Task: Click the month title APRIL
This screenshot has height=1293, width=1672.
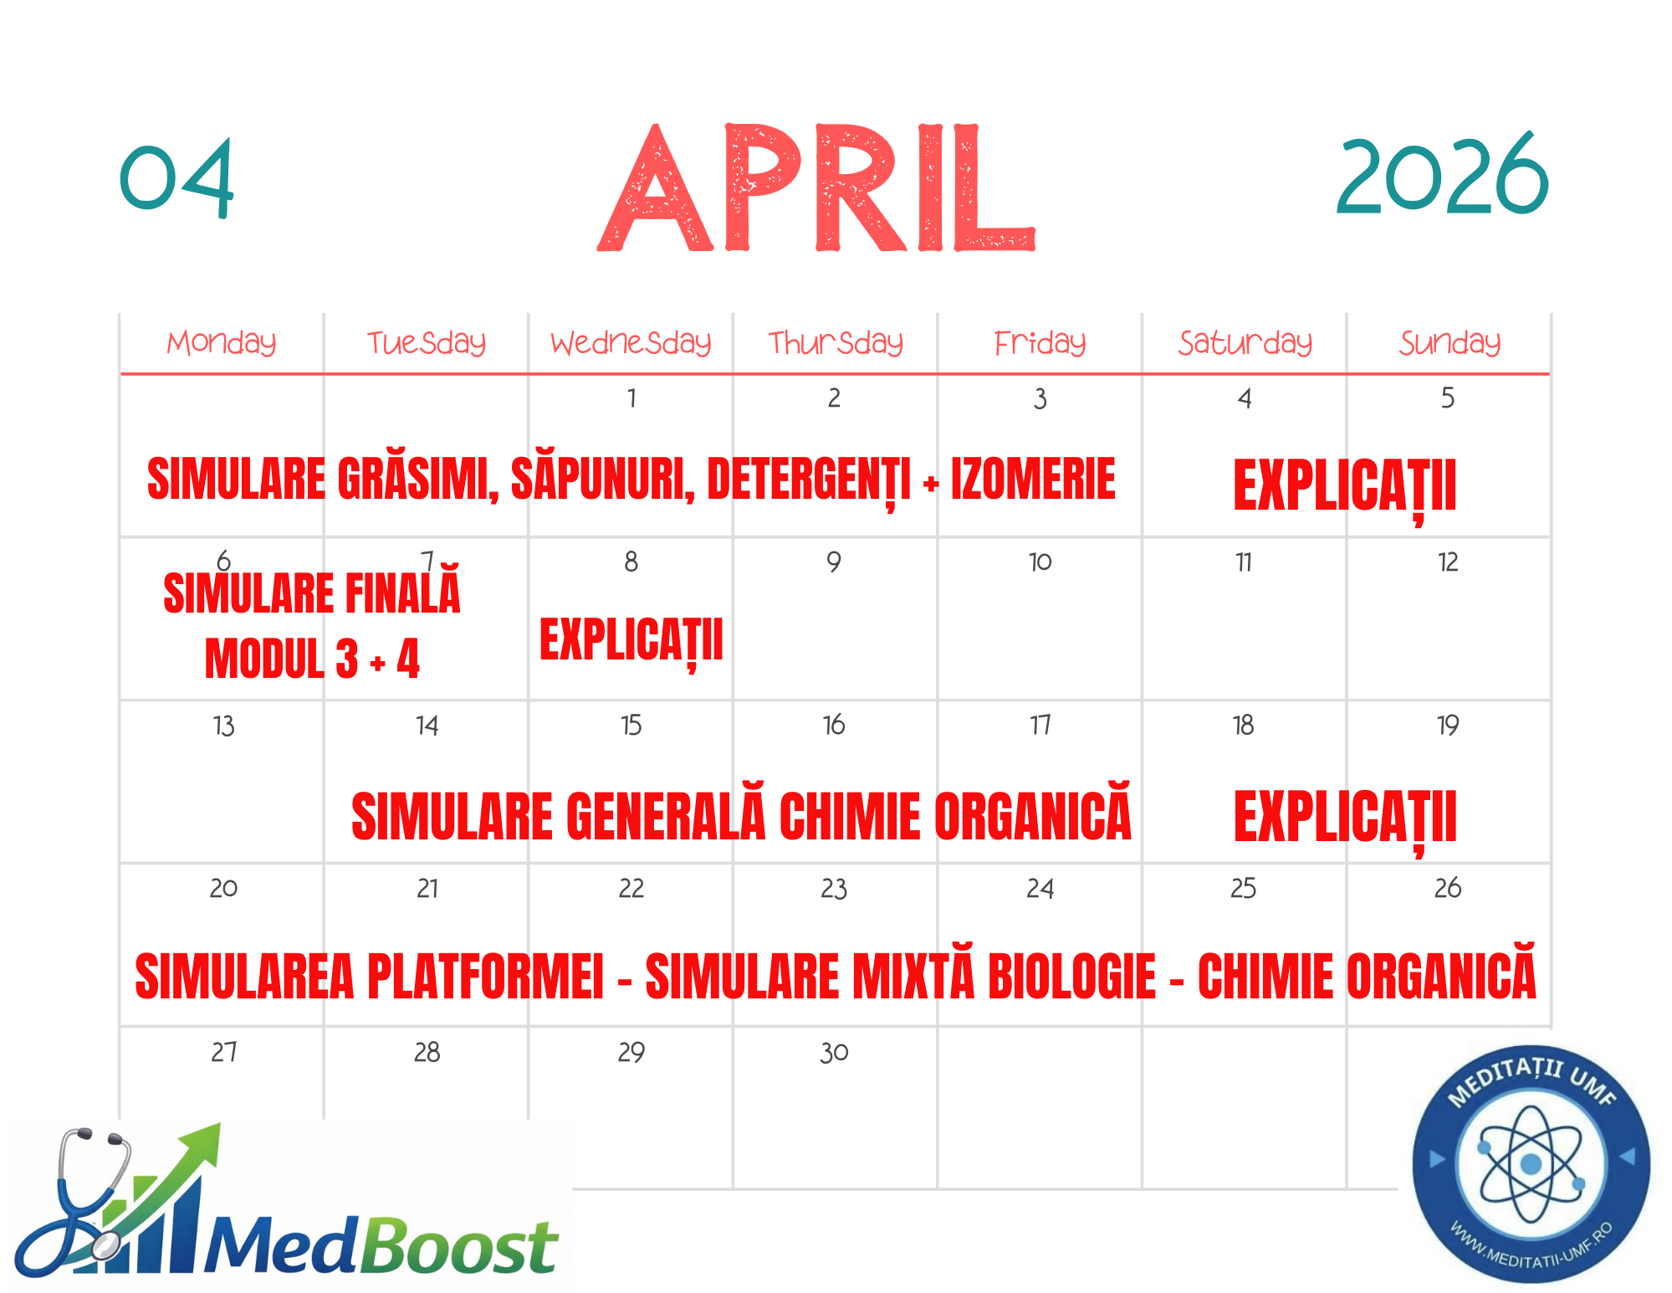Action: coord(816,187)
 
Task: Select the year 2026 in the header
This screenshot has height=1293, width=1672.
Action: coord(1443,176)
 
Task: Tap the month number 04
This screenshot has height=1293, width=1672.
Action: coord(176,178)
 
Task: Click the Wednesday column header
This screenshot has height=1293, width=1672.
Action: coord(631,342)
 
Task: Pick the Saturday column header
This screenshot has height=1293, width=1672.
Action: coord(1245,342)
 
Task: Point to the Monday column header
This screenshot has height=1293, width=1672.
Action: coord(222,342)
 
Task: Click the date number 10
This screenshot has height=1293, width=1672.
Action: coord(1040,562)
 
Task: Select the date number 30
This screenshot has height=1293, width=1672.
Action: coord(834,1052)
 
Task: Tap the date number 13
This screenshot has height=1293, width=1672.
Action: coord(223,725)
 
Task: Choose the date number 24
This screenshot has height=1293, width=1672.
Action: coord(1040,888)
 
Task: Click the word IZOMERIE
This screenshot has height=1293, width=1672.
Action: coord(1033,479)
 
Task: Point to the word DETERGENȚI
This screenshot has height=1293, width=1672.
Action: coord(809,481)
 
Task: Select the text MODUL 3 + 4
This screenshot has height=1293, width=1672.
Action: coord(312,659)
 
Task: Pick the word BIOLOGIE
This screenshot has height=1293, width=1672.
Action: coord(1072,976)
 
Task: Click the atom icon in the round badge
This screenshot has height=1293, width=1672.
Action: coord(1531,1163)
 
